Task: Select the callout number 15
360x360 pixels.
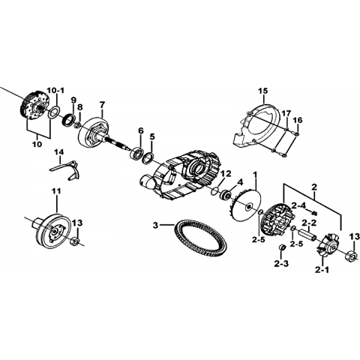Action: (x=262, y=91)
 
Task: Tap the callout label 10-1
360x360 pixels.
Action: (x=55, y=90)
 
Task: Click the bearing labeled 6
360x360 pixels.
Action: (x=136, y=152)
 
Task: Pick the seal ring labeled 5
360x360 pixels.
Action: (x=148, y=158)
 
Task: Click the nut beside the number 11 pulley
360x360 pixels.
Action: (x=75, y=241)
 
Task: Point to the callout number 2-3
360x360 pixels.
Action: (x=281, y=263)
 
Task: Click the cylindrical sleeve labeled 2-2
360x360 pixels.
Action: (x=308, y=235)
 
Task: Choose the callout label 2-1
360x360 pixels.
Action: (x=322, y=270)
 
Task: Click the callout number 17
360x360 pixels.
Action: (x=286, y=114)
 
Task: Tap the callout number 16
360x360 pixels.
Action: (x=298, y=120)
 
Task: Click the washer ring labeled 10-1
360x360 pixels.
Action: (x=55, y=112)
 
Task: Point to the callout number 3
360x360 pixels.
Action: (x=155, y=226)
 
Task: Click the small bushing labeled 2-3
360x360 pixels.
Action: (x=281, y=247)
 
